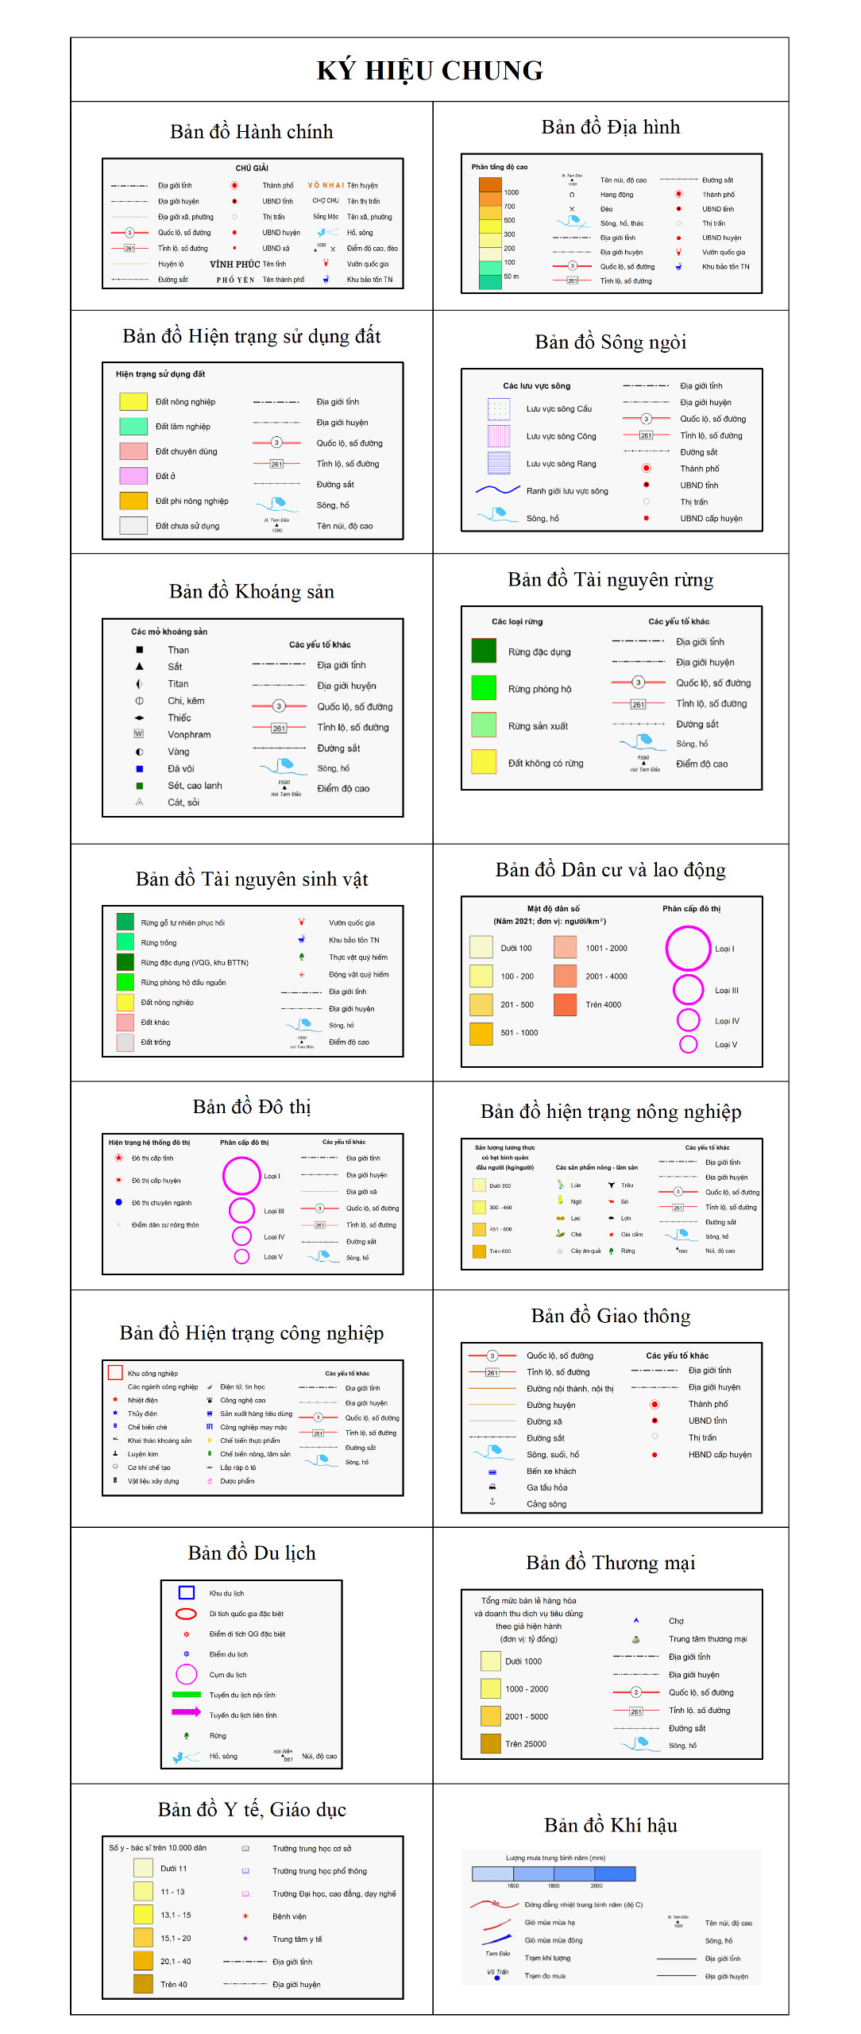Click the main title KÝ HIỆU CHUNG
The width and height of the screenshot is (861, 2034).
[x=430, y=71]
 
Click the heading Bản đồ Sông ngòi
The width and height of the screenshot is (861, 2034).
[x=610, y=342]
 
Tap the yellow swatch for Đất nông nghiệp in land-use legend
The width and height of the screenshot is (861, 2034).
[x=133, y=401]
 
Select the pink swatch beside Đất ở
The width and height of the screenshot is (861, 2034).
[x=133, y=476]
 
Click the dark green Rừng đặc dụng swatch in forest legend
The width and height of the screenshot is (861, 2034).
[x=484, y=651]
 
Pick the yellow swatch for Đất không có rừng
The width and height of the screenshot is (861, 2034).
[x=484, y=762]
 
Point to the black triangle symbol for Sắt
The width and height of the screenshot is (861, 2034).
[x=140, y=667]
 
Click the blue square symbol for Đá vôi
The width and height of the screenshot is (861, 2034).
[x=140, y=768]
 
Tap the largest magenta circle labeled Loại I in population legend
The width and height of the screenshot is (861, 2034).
[x=688, y=949]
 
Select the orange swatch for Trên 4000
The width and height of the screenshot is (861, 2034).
[x=565, y=1004]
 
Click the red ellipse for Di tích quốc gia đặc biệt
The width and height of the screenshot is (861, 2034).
[x=186, y=1614]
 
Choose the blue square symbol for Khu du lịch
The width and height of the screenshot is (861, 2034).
[x=187, y=1593]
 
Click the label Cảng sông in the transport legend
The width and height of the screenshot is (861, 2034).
[x=546, y=1504]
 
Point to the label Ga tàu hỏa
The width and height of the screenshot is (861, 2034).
[x=546, y=1487]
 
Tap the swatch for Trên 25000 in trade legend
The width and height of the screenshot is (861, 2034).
[x=490, y=1744]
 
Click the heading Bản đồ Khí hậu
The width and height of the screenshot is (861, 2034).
[x=610, y=1826]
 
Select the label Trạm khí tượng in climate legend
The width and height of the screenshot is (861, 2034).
[x=547, y=1958]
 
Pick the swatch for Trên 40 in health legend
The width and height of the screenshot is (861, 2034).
[x=143, y=1984]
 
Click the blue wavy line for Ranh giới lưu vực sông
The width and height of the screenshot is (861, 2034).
[x=497, y=490]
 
